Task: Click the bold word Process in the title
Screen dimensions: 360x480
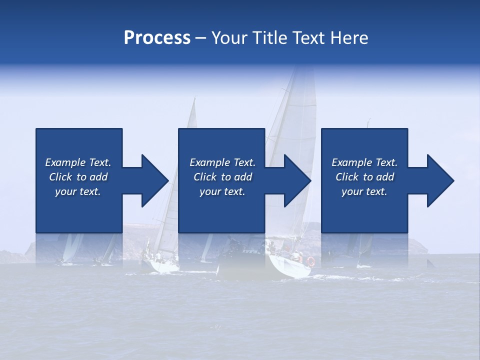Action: (157, 38)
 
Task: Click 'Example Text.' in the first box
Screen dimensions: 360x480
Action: (78, 162)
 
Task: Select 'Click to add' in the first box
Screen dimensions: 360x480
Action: (78, 177)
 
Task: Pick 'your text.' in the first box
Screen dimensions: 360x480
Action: (78, 191)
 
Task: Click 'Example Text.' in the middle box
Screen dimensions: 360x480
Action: (222, 162)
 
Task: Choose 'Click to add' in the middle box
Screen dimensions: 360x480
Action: (222, 177)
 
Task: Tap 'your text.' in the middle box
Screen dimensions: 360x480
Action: (222, 191)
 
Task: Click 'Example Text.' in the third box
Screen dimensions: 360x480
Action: (364, 162)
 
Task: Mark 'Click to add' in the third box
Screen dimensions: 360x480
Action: (364, 177)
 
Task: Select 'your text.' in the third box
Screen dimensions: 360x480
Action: (364, 191)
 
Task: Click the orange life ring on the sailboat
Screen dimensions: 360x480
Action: (310, 261)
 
